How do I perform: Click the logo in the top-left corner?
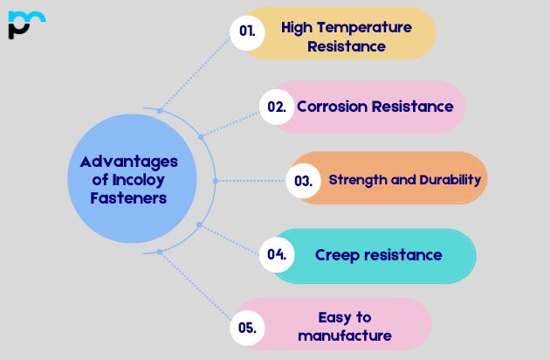point(25,24)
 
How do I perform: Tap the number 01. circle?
point(247,31)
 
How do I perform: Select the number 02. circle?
point(277,107)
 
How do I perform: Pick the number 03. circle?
point(303,181)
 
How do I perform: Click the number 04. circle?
point(277,255)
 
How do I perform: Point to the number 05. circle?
point(247,328)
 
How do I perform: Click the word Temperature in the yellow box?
point(361,27)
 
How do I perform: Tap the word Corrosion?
point(332,107)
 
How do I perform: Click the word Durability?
point(446,180)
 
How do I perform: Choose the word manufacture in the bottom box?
point(345,336)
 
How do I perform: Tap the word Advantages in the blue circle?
point(128,162)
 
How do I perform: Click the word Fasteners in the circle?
point(128,198)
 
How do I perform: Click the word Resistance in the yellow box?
point(346,46)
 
